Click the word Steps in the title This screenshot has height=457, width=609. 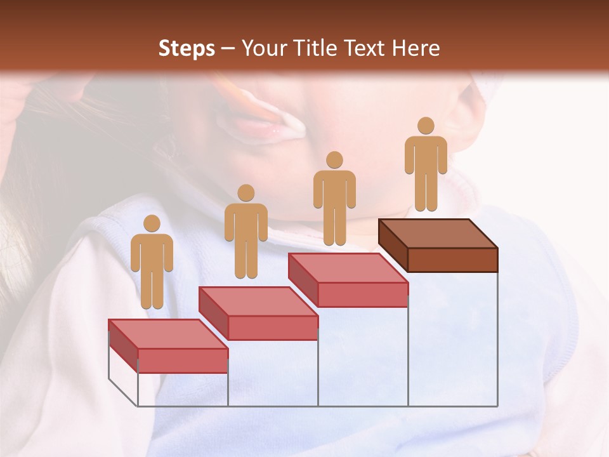187,48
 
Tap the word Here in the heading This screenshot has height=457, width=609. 416,48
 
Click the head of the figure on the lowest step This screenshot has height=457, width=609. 152,223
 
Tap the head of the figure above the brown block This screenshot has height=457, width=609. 426,126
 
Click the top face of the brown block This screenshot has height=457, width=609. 438,233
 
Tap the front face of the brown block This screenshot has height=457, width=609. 452,260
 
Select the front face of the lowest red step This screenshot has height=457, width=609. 183,361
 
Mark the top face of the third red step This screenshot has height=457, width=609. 348,267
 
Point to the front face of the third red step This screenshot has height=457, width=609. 362,295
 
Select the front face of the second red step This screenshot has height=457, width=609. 273,328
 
